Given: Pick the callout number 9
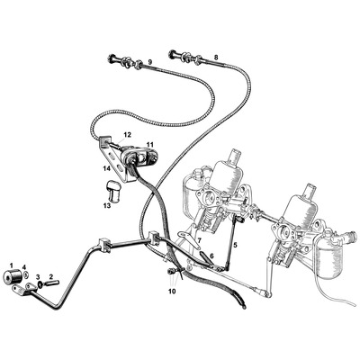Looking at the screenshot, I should pos(150,61).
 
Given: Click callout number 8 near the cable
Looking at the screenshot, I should pos(216,58).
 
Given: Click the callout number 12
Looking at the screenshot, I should pos(127,135).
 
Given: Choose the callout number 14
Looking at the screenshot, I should pos(105,167).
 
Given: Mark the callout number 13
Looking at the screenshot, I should pos(106,205).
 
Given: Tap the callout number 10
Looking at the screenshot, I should pos(172,291).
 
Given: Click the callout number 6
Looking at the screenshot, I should pos(212,256).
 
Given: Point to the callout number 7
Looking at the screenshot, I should pos(199,241).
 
